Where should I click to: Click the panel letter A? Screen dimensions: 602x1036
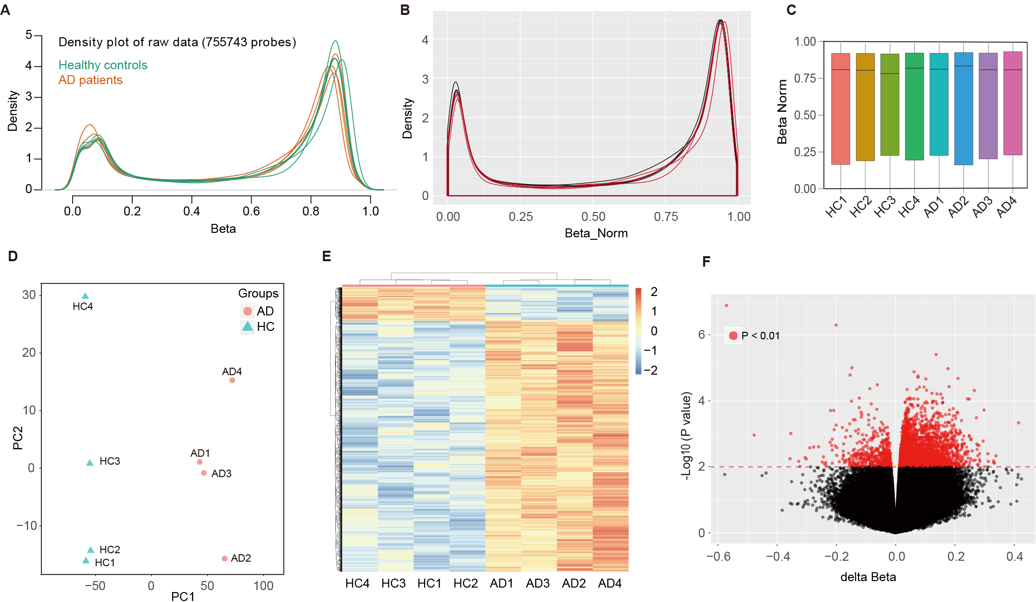pos(5,10)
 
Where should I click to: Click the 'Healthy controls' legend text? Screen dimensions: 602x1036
pos(103,65)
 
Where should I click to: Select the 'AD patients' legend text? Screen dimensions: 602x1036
pos(91,80)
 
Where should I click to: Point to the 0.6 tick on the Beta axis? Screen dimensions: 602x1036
pos(251,211)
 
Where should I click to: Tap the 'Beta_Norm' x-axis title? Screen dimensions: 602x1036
pos(596,233)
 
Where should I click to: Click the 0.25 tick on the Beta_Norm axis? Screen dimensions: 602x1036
pos(520,217)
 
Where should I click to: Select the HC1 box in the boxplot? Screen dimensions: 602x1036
pos(841,108)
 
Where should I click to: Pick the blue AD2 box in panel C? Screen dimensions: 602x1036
pos(963,108)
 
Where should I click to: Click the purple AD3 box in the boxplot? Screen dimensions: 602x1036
pos(988,106)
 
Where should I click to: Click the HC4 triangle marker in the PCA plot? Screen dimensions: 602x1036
pos(85,296)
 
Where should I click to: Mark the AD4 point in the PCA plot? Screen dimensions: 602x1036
pos(232,381)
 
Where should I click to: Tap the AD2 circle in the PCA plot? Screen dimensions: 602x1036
pos(224,559)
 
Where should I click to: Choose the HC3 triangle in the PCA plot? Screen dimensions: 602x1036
pos(90,463)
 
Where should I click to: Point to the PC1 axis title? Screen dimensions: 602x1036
pos(183,596)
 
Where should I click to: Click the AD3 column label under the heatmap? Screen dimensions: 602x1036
pos(538,584)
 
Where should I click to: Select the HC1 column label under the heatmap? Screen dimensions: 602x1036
pos(429,584)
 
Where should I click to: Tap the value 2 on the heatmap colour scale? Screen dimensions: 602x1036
pos(654,292)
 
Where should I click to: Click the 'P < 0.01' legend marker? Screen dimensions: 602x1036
pos(733,336)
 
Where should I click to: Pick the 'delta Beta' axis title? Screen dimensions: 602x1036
pos(868,577)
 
